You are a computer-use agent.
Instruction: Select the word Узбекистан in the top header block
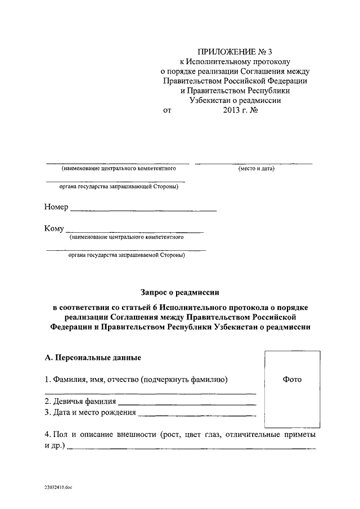point(215,101)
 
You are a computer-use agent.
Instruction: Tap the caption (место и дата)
point(253,169)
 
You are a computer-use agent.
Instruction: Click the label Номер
point(56,207)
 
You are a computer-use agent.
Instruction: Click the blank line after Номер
point(143,210)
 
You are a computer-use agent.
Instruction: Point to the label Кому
point(54,228)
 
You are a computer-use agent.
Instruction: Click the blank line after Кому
point(134,231)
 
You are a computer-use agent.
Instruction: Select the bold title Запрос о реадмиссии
point(179,292)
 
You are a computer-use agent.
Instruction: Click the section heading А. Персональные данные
point(92,358)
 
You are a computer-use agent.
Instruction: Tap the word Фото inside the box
point(291,380)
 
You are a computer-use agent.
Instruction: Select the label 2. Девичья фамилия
point(80,402)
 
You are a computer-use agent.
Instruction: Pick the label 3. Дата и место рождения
point(89,412)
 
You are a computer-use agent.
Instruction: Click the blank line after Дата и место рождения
point(197,416)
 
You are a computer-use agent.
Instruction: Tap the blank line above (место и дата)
point(253,163)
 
